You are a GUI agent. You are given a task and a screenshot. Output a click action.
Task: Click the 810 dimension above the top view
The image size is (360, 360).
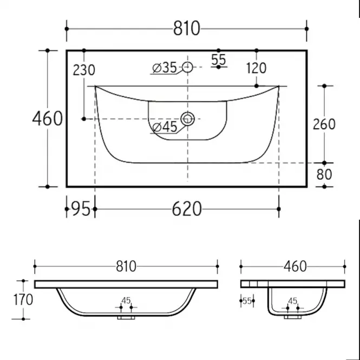pos(186,29)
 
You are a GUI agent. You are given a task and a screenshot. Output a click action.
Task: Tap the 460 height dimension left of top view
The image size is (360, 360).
pos(47,119)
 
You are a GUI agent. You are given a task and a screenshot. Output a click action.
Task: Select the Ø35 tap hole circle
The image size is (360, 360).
pos(187,67)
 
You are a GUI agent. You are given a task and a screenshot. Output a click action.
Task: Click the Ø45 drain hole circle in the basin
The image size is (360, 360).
pos(187,119)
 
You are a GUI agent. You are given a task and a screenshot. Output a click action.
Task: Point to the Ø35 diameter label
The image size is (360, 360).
pos(165,68)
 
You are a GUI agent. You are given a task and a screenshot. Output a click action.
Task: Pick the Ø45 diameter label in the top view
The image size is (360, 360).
pos(165,127)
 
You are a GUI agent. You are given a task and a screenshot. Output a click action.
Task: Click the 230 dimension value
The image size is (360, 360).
pos(84,70)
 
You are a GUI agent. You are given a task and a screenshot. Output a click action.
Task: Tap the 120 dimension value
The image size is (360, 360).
pos(256,68)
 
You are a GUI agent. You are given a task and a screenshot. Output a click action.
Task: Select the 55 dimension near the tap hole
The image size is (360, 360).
pos(218,60)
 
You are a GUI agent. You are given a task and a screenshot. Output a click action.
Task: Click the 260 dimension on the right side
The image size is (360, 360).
pos(324,124)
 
